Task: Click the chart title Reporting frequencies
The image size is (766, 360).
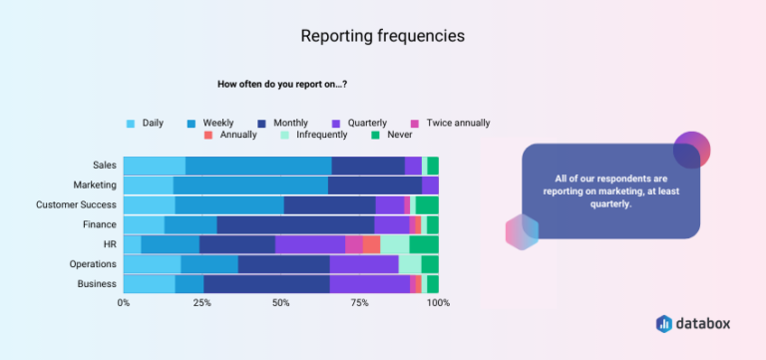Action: point(382,36)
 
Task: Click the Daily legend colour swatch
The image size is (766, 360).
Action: point(130,124)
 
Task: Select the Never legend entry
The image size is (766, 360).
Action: point(397,135)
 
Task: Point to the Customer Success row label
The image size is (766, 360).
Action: point(76,204)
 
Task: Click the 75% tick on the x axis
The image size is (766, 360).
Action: point(359,302)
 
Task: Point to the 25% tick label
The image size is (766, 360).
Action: point(202,302)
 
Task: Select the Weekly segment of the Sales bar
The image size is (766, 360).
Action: point(258,166)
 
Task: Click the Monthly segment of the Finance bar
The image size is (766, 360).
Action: point(295,224)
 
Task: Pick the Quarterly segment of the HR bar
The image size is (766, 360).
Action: point(310,244)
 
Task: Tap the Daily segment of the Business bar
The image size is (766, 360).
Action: point(149,284)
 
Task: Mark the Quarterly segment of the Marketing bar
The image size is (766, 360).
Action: point(430,184)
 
